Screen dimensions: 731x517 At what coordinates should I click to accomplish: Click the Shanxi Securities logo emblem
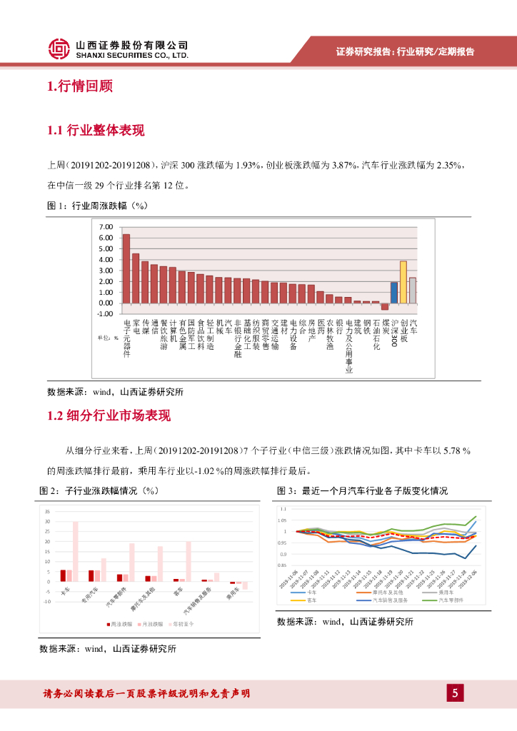click(x=59, y=49)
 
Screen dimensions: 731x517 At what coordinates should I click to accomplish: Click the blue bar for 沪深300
click(x=393, y=292)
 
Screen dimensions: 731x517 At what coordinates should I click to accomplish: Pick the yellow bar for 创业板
click(x=403, y=281)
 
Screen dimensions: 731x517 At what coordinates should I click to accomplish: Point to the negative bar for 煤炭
click(x=384, y=306)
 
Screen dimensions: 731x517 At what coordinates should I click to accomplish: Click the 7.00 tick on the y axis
click(x=106, y=227)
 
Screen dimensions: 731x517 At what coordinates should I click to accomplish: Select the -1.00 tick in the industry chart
click(x=105, y=313)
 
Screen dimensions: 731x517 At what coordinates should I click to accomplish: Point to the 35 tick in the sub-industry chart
click(x=47, y=512)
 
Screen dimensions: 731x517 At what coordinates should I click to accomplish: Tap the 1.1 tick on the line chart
click(x=283, y=509)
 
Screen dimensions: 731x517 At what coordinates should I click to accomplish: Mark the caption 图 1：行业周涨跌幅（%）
click(x=96, y=206)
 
